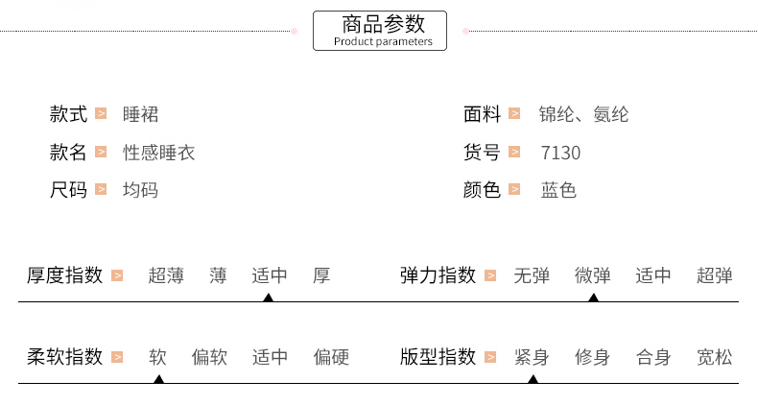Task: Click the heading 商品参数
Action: point(382,24)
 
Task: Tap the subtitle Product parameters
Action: point(382,41)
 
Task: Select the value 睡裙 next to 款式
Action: point(141,114)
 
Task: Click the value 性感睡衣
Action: point(159,153)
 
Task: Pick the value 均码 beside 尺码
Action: point(141,190)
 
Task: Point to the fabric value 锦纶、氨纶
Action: point(583,114)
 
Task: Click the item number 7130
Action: point(560,154)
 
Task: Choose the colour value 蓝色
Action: point(558,190)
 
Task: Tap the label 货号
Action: point(482,153)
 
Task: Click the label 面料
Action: point(482,114)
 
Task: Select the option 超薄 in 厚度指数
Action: point(166,276)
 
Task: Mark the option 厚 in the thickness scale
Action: point(321,276)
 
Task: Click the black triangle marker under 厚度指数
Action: point(269,298)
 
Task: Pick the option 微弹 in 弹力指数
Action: point(593,276)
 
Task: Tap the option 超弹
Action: point(715,276)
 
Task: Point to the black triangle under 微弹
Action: point(593,298)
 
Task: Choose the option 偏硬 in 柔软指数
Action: point(331,358)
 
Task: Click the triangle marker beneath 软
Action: point(158,379)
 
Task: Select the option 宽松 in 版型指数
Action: point(715,358)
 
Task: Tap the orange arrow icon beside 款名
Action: point(101,153)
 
